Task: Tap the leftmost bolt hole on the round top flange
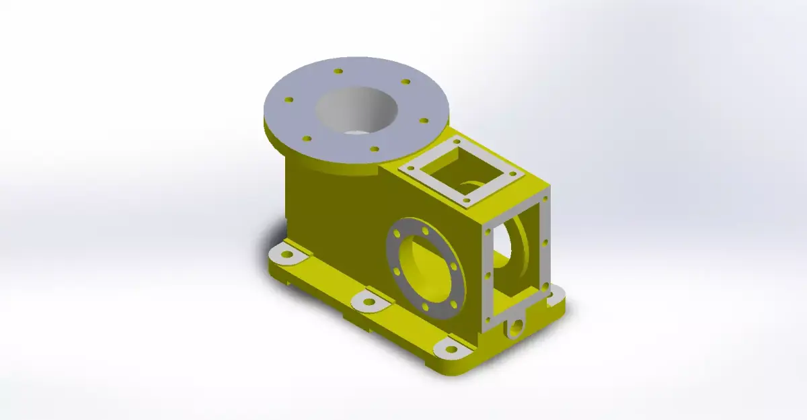pos(289,99)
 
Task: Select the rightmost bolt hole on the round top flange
pos(423,121)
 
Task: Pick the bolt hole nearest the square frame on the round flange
pos(375,149)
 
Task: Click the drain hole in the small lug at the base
pos(516,328)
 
